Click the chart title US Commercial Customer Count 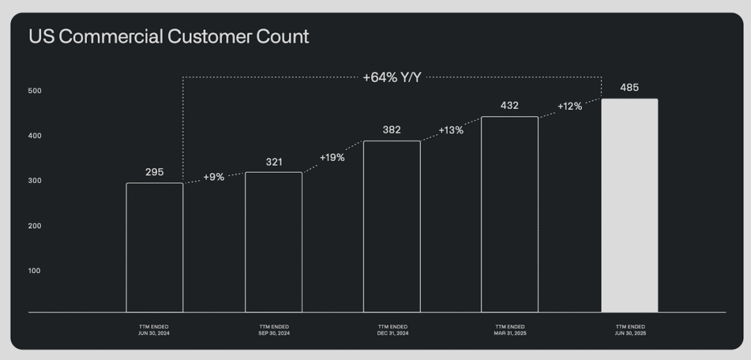[x=169, y=37]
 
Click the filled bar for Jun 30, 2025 [x=630, y=206]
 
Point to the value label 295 [x=154, y=172]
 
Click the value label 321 [x=274, y=163]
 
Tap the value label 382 [x=391, y=130]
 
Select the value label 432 [x=510, y=106]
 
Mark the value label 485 [x=629, y=88]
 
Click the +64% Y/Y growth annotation [x=391, y=78]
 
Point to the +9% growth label [x=213, y=177]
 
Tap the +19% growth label [x=332, y=158]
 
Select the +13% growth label [x=451, y=130]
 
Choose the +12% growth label [x=570, y=106]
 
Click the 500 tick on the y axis [x=35, y=91]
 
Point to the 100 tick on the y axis [x=35, y=270]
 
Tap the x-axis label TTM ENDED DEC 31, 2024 [x=391, y=330]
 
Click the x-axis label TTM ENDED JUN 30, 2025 [x=629, y=330]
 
